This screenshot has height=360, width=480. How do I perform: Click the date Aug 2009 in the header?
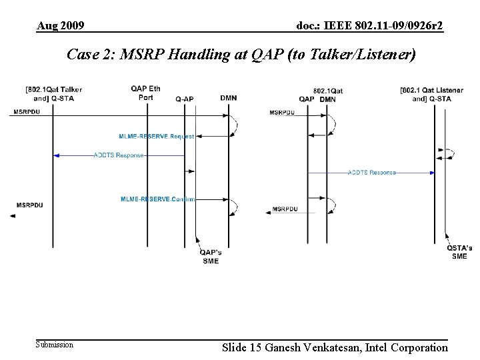click(61, 26)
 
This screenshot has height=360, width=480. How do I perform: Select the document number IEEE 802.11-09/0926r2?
click(370, 26)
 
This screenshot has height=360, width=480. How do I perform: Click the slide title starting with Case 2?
click(241, 55)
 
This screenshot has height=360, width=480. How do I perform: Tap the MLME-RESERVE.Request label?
click(157, 136)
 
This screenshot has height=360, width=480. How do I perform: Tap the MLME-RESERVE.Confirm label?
click(158, 199)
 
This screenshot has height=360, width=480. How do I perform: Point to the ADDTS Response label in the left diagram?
click(118, 155)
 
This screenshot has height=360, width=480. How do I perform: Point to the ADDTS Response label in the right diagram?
click(371, 173)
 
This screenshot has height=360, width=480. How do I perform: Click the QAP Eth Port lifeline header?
click(145, 93)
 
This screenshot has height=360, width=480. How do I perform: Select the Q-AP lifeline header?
click(185, 99)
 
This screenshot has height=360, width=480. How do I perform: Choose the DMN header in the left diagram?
click(228, 99)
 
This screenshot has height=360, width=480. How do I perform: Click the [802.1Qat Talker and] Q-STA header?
click(54, 93)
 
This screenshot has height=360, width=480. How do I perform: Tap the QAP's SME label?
click(211, 256)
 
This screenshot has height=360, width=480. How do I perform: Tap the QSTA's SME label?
click(459, 252)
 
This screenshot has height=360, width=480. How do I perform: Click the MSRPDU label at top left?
click(25, 111)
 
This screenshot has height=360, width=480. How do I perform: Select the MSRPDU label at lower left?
click(29, 205)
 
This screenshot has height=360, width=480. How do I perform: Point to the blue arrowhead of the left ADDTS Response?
click(57, 155)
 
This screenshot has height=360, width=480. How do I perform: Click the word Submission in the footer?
click(55, 345)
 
